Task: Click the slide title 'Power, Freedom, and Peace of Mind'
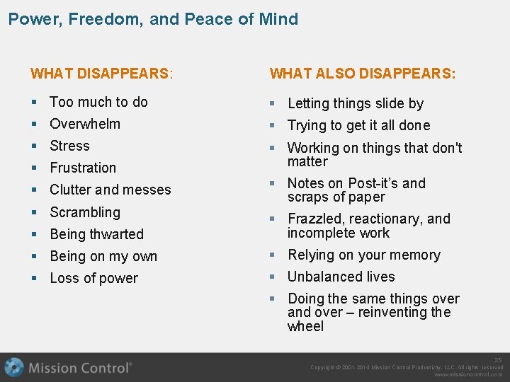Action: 153,19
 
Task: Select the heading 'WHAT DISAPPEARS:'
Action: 102,74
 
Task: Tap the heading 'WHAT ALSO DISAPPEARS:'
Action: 363,74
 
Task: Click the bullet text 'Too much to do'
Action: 98,102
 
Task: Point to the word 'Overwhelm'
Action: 85,124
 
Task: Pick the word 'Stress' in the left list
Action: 69,146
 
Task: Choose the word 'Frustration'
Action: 83,168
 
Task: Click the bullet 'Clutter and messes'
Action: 110,190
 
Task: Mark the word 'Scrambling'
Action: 85,212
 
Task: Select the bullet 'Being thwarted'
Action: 96,234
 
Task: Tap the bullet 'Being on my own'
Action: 103,256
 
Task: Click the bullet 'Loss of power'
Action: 93,278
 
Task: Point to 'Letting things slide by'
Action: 356,103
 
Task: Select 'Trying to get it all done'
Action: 358,125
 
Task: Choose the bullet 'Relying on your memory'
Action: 364,255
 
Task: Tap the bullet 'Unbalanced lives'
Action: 341,277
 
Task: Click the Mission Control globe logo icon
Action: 14,367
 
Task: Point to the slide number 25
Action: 498,360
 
